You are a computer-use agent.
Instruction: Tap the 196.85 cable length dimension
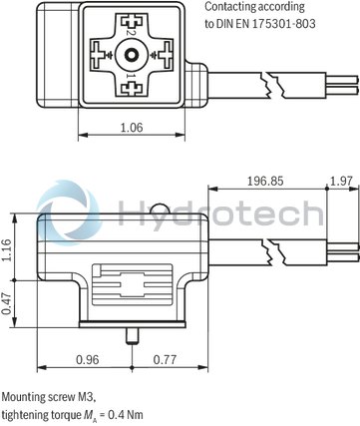pos(267,181)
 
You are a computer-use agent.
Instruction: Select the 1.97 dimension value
pos(340,181)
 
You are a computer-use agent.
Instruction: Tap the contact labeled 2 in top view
pos(128,28)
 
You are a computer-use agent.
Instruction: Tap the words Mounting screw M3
pos(41,396)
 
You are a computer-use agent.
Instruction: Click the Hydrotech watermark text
pos(219,213)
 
